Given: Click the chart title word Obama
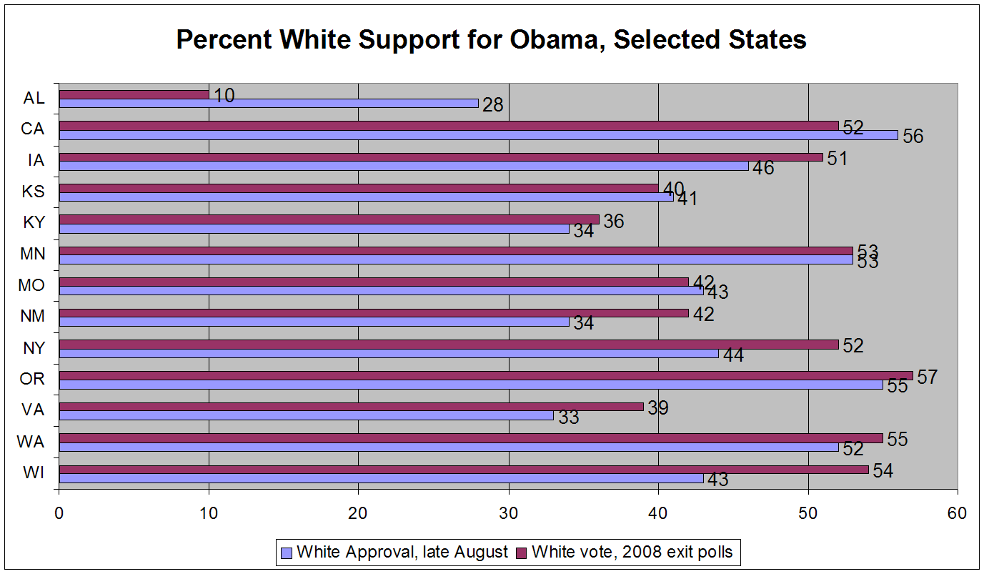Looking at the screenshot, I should click(547, 39).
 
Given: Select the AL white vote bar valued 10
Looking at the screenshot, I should click(134, 94).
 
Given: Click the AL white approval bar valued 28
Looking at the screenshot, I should click(269, 103).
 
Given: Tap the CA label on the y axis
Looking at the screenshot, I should click(33, 129).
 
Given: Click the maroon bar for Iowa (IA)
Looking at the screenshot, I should click(441, 157).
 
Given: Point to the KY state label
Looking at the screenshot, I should click(33, 222).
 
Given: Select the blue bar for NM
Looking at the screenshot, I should click(314, 322).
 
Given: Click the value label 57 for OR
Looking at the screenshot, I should click(928, 377).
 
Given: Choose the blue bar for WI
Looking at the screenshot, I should click(381, 478).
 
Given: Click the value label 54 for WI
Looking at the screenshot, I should click(884, 470).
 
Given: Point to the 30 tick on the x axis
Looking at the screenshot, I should click(508, 513).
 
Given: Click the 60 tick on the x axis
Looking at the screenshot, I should click(957, 513).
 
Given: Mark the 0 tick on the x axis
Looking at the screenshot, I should click(59, 513).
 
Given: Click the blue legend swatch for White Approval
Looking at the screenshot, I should click(287, 552).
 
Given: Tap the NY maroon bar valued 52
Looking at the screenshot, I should click(448, 345).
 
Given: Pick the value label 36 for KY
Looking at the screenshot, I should click(613, 222).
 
